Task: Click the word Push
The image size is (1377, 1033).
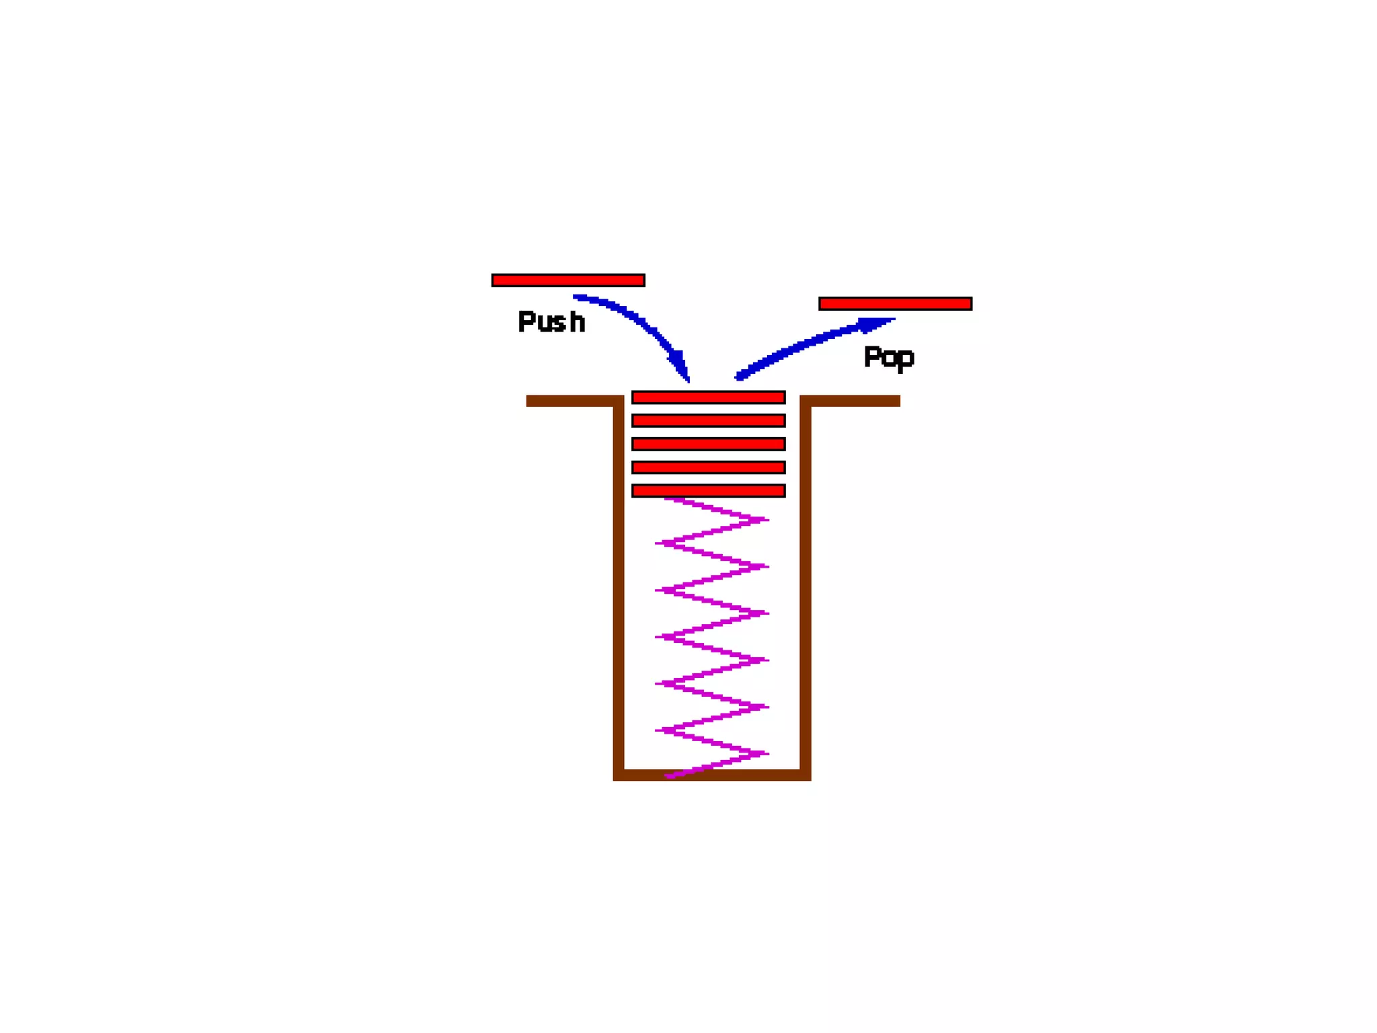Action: click(551, 321)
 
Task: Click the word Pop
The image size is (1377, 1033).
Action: click(888, 356)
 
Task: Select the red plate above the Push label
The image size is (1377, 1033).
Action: click(568, 280)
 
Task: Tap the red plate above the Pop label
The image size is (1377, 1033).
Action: click(895, 304)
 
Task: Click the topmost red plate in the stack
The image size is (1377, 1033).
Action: click(708, 397)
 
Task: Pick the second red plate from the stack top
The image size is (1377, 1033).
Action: click(708, 421)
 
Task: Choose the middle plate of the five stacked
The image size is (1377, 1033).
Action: click(708, 444)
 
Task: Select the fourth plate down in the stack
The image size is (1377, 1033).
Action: click(708, 467)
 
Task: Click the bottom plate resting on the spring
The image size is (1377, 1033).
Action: click(708, 491)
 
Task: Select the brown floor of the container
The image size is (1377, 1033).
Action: click(712, 775)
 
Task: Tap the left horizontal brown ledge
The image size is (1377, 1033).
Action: click(572, 401)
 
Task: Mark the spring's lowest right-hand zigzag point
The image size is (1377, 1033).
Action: click(766, 753)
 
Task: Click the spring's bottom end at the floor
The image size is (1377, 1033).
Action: click(669, 776)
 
